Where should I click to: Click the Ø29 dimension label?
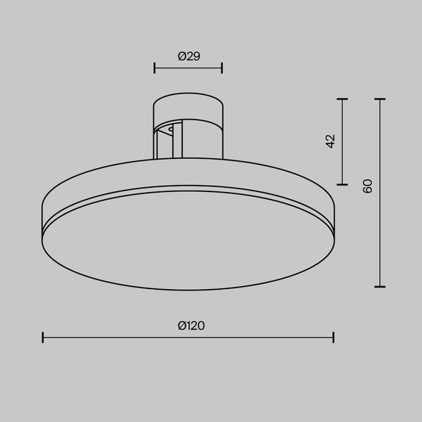(189, 56)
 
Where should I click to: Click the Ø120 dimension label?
(191, 326)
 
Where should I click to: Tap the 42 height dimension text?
(331, 141)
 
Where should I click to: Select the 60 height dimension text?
(367, 186)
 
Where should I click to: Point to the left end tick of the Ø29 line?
(154, 68)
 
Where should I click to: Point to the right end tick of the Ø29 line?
(222, 68)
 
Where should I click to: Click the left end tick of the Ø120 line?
(43, 338)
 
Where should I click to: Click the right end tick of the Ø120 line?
(333, 338)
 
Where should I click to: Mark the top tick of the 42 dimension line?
(343, 99)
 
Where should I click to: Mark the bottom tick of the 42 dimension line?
(343, 184)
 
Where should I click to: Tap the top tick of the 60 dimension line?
(380, 99)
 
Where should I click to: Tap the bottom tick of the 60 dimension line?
(380, 286)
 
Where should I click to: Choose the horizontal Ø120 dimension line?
(141, 338)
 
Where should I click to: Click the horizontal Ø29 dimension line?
(188, 68)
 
